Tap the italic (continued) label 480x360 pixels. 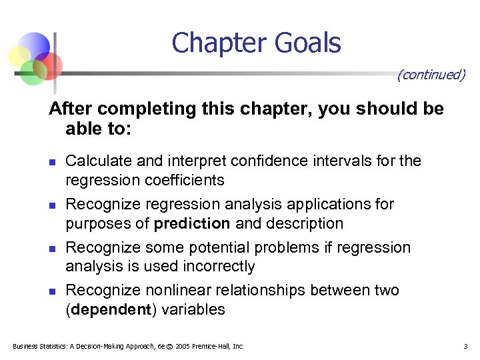click(x=431, y=74)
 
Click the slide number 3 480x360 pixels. click(x=465, y=346)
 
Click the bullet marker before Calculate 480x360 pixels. click(x=52, y=161)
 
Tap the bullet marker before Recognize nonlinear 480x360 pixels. click(x=52, y=291)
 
